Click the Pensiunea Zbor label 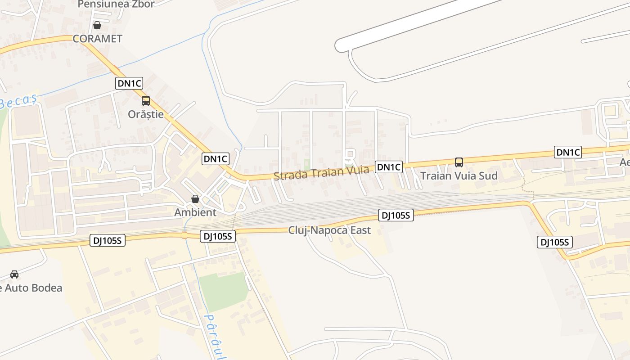coord(116,4)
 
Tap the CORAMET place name coord(97,39)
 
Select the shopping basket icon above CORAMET coord(97,25)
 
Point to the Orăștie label coord(146,114)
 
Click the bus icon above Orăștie coord(146,101)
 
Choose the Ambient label coord(195,212)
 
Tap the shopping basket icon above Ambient coord(195,199)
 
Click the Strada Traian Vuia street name coord(321,173)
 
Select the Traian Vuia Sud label coord(459,175)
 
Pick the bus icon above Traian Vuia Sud coord(459,162)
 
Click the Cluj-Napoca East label coord(329,230)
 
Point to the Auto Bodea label coord(31,288)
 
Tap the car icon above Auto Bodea coord(14,274)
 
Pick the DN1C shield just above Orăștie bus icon coord(129,83)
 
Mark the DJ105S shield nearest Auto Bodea coord(108,241)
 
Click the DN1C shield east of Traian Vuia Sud coord(568,153)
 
